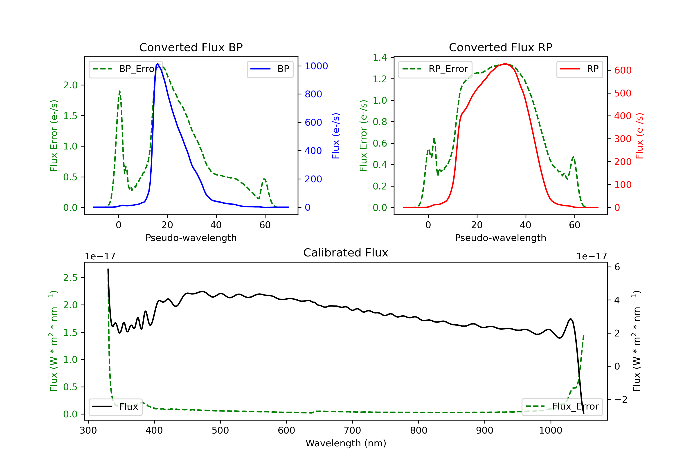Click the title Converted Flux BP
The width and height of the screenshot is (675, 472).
pyautogui.click(x=191, y=47)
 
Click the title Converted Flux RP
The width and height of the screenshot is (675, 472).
pyautogui.click(x=500, y=47)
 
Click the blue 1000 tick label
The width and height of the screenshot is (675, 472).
pyautogui.click(x=316, y=66)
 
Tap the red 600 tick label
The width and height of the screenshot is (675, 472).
pyautogui.click(x=623, y=71)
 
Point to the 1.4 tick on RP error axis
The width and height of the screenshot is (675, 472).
pyautogui.click(x=380, y=58)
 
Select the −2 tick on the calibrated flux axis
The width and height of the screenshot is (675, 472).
pyautogui.click(x=621, y=399)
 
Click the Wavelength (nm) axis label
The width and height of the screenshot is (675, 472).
pyautogui.click(x=346, y=443)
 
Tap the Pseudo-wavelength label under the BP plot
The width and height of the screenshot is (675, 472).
pyautogui.click(x=191, y=238)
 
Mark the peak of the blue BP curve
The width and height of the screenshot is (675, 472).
pyautogui.click(x=157, y=64)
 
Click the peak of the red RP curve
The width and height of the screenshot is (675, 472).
pyautogui.click(x=505, y=64)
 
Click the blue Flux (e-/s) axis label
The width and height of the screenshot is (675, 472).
pyautogui.click(x=335, y=136)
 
